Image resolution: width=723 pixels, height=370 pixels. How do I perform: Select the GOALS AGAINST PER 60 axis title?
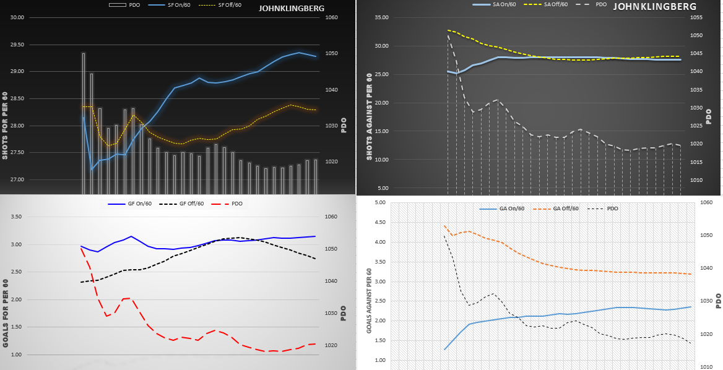370,301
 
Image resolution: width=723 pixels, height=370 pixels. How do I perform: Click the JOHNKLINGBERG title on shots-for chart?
290,9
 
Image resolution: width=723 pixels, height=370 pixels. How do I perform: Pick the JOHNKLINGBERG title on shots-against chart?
654,7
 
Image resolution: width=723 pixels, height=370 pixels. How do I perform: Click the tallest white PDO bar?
84,124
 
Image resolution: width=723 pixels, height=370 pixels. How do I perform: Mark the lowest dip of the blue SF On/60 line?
92,170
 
